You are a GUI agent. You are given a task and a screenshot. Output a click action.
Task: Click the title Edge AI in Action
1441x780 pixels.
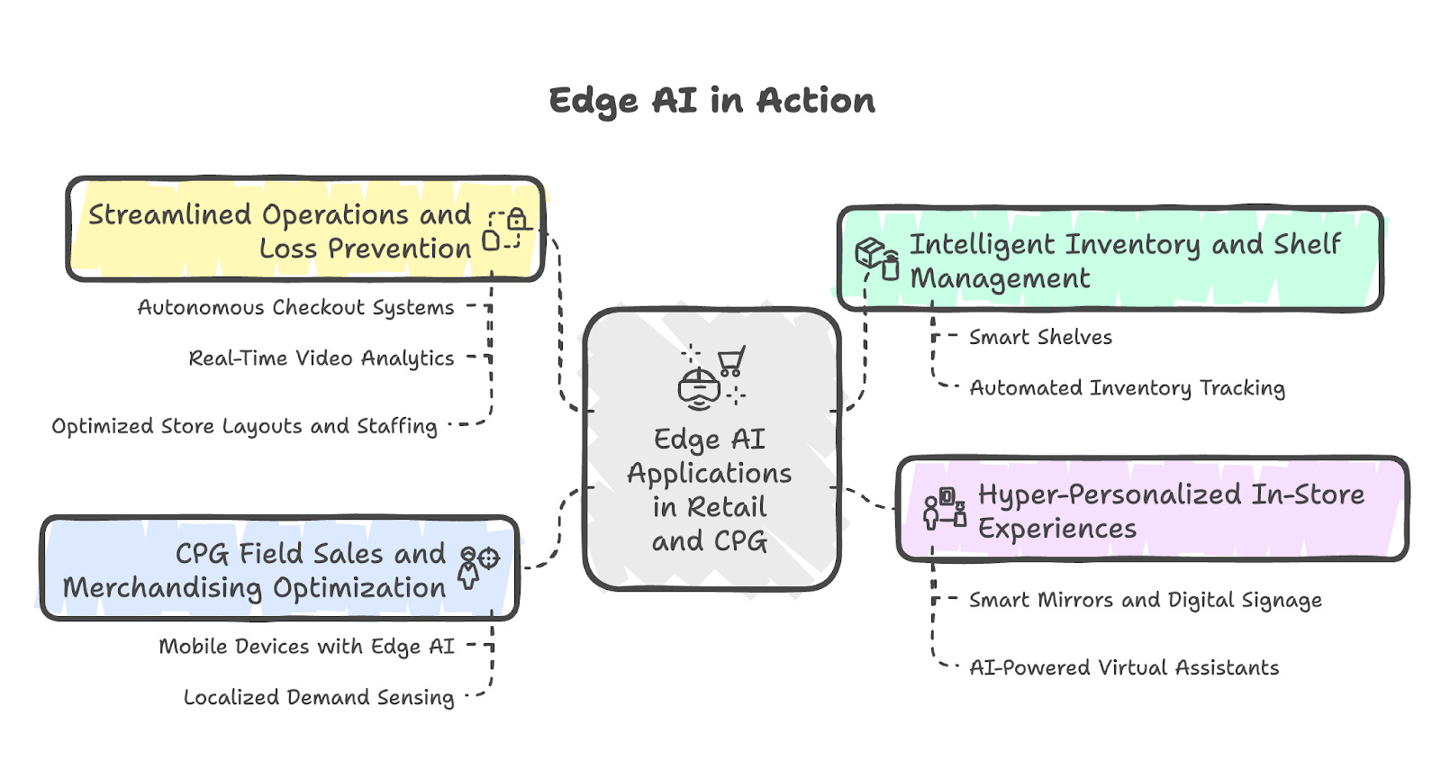(711, 101)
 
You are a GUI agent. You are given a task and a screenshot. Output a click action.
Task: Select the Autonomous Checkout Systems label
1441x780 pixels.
(295, 308)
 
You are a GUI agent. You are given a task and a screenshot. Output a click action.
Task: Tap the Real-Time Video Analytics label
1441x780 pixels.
(321, 358)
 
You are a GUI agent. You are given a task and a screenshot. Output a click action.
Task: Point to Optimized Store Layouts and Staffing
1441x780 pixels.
(244, 426)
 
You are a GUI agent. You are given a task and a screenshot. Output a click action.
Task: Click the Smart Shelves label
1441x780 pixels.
(1040, 338)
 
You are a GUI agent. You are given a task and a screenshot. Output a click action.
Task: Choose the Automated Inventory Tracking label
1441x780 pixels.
(1127, 388)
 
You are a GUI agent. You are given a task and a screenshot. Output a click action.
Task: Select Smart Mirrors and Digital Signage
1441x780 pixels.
(1145, 601)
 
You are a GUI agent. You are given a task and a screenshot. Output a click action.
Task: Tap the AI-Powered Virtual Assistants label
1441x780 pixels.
(1124, 668)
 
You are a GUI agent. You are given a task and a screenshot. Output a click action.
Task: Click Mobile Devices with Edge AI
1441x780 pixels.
(306, 647)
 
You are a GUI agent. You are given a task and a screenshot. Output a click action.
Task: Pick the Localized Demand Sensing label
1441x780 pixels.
(319, 697)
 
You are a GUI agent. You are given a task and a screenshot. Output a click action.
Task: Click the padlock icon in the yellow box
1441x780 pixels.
(516, 219)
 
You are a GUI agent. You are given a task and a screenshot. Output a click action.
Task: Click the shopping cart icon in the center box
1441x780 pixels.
(730, 361)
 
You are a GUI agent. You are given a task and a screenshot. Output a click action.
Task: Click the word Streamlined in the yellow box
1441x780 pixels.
(170, 215)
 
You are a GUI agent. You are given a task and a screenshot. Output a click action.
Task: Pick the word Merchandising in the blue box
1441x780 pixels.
(162, 589)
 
